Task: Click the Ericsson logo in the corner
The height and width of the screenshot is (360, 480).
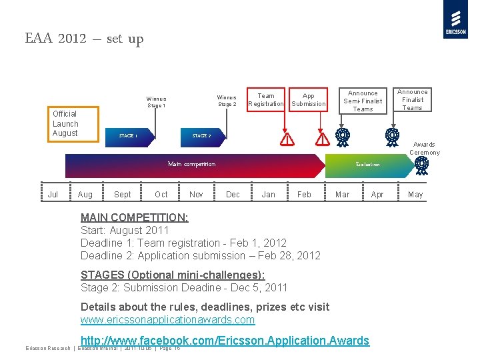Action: coord(455,19)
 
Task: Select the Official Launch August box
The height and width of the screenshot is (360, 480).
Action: coord(65,124)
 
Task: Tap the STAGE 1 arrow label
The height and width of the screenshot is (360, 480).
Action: coord(128,136)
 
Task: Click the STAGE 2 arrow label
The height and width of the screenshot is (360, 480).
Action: coord(201,136)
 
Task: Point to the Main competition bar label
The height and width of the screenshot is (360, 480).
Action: coord(191,164)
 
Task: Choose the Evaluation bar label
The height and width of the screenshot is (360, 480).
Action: coord(367,164)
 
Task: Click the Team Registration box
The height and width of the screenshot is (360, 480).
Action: coord(266,99)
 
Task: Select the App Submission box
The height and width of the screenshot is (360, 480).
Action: coord(309,99)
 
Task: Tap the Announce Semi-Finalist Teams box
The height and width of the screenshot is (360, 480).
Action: coord(363,101)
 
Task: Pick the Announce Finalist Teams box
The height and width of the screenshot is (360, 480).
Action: coord(413,100)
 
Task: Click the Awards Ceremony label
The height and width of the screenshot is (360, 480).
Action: coord(425,148)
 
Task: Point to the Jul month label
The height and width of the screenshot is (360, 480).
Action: coord(53,195)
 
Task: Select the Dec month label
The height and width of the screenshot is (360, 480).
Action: coord(233,195)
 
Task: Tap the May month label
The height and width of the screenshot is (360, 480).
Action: coord(415,195)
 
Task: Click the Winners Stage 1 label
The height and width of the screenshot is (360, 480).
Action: coord(157,102)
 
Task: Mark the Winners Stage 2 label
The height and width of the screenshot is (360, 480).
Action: coord(227,101)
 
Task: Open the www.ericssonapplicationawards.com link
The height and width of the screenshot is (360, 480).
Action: coord(167,319)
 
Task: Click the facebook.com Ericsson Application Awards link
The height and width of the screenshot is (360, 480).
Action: coord(225,341)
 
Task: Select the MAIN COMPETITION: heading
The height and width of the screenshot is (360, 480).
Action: coord(134,217)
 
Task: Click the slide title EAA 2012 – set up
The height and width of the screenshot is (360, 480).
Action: coord(84,39)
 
